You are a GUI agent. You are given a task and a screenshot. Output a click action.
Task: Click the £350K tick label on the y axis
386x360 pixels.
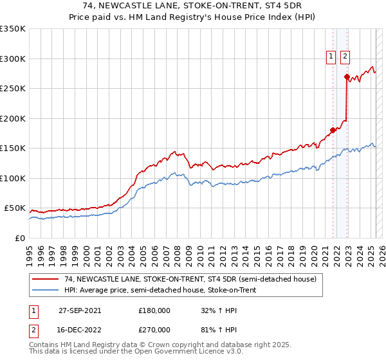[13, 29]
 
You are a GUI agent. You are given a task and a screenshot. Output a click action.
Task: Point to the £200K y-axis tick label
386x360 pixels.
[13, 118]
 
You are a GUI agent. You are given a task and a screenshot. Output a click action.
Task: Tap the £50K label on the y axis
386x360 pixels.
[15, 208]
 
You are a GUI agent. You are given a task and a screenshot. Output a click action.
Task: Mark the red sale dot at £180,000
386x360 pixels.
[333, 130]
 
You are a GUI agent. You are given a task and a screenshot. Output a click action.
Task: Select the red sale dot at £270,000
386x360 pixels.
[347, 76]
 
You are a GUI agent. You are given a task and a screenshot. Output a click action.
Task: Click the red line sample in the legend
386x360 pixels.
[46, 280]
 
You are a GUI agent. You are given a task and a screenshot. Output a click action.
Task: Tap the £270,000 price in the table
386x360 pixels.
[154, 328]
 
